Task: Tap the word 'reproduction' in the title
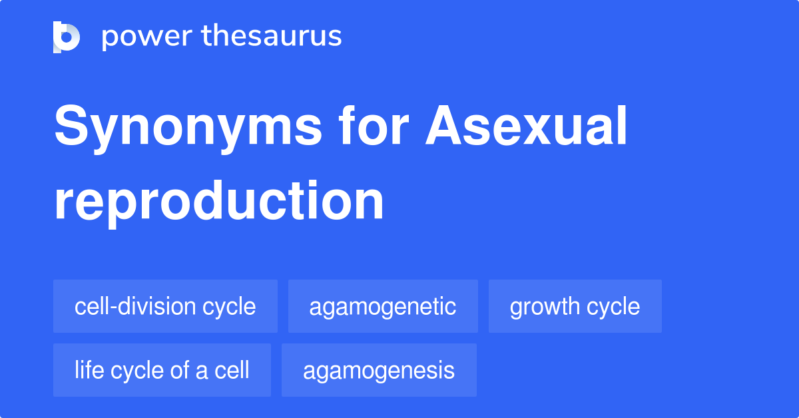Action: click(219, 201)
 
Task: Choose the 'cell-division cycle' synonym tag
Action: click(165, 306)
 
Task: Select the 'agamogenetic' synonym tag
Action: click(383, 306)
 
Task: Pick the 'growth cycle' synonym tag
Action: click(575, 306)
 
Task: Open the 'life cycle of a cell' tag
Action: click(162, 370)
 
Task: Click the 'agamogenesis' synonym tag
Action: click(379, 370)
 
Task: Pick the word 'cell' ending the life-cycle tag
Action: click(232, 370)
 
